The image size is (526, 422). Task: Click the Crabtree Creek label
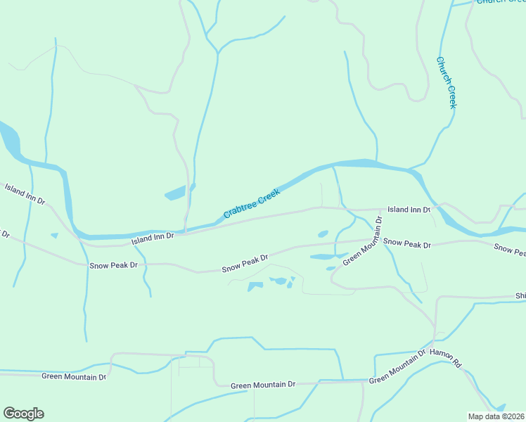251,203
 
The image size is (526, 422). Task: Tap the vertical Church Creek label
447,82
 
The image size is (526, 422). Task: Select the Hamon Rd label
445,359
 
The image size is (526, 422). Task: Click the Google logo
23,413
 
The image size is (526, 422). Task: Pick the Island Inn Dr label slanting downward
25,194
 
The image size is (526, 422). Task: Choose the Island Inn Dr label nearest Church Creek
409,210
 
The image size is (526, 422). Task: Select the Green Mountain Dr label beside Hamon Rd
397,367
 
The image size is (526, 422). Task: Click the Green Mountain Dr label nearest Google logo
74,376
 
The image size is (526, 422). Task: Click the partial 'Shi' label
520,296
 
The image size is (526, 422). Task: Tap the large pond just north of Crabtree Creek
176,193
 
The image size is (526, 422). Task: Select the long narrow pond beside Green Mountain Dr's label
326,257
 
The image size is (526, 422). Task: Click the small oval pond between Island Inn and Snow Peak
323,234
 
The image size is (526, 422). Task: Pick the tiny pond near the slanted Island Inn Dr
54,236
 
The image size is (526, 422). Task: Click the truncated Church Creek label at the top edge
501,2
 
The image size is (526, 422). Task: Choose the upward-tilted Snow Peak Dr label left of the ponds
245,264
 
